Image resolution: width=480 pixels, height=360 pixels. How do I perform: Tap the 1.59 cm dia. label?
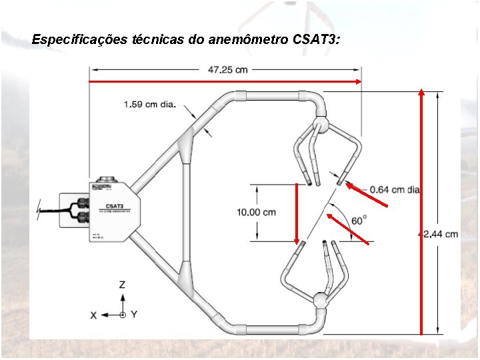[x=149, y=104]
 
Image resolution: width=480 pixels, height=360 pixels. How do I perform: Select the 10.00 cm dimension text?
[x=256, y=212]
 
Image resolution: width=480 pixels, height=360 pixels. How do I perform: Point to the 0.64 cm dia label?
[x=395, y=190]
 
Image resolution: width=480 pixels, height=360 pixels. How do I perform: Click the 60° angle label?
[x=359, y=220]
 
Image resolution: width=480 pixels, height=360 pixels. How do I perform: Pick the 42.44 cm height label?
[x=439, y=234]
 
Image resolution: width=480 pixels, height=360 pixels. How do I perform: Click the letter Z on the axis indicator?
[x=122, y=285]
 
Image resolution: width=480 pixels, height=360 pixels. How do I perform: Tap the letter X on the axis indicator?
[x=93, y=315]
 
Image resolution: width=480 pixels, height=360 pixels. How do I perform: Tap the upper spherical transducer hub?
[x=321, y=125]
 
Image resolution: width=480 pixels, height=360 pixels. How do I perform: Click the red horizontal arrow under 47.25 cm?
[x=226, y=81]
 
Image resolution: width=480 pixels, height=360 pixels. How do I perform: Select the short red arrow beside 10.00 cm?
[x=297, y=213]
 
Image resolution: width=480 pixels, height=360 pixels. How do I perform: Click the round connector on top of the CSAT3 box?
[x=106, y=179]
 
